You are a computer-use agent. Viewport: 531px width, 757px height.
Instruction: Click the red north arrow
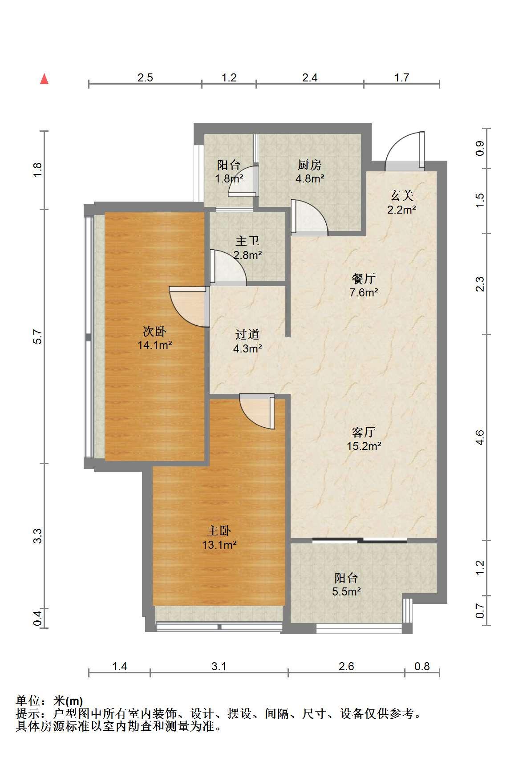(44, 79)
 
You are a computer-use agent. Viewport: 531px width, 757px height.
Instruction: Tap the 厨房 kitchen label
(310, 165)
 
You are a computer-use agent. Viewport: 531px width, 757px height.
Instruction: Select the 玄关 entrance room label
(401, 196)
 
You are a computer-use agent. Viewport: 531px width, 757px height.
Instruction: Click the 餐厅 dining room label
(363, 279)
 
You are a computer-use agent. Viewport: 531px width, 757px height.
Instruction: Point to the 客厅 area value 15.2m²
(364, 446)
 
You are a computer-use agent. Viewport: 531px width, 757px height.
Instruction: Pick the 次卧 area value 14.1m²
(154, 345)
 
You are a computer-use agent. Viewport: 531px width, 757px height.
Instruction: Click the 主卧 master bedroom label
(219, 530)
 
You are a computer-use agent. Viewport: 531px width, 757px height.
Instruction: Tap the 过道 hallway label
(247, 334)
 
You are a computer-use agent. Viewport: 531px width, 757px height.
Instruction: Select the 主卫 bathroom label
(247, 241)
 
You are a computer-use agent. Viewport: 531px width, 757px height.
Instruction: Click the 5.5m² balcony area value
(346, 591)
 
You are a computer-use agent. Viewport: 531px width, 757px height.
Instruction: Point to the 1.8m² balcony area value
(229, 178)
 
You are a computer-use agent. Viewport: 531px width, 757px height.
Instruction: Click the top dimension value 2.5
(145, 78)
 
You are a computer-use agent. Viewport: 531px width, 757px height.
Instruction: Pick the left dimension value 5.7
(37, 336)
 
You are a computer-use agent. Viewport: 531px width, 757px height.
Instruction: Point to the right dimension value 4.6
(480, 437)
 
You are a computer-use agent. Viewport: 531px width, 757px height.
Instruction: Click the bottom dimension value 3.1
(219, 664)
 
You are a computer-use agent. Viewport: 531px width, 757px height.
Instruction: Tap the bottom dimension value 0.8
(422, 664)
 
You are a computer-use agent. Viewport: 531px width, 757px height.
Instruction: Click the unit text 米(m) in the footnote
(68, 701)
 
